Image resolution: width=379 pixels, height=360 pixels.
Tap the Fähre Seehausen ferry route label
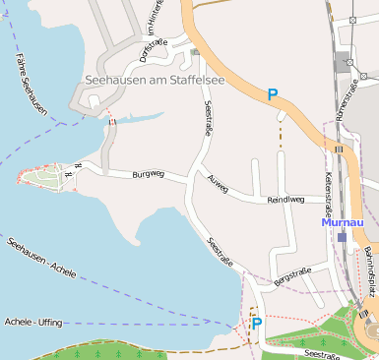(x=29, y=83)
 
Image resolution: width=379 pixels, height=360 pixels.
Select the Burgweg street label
(x=148, y=176)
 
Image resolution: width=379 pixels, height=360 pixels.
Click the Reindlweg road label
(x=285, y=200)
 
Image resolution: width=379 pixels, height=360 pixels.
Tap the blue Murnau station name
(x=343, y=222)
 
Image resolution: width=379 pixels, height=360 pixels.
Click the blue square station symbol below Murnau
(x=342, y=237)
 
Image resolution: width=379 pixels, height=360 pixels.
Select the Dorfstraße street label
(x=155, y=48)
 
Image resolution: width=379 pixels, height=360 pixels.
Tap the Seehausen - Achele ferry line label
(x=41, y=257)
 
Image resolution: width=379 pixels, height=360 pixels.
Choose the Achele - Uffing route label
(x=33, y=322)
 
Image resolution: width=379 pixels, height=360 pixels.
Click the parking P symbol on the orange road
(x=273, y=94)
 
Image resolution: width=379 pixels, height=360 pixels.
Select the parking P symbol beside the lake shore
(x=256, y=323)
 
